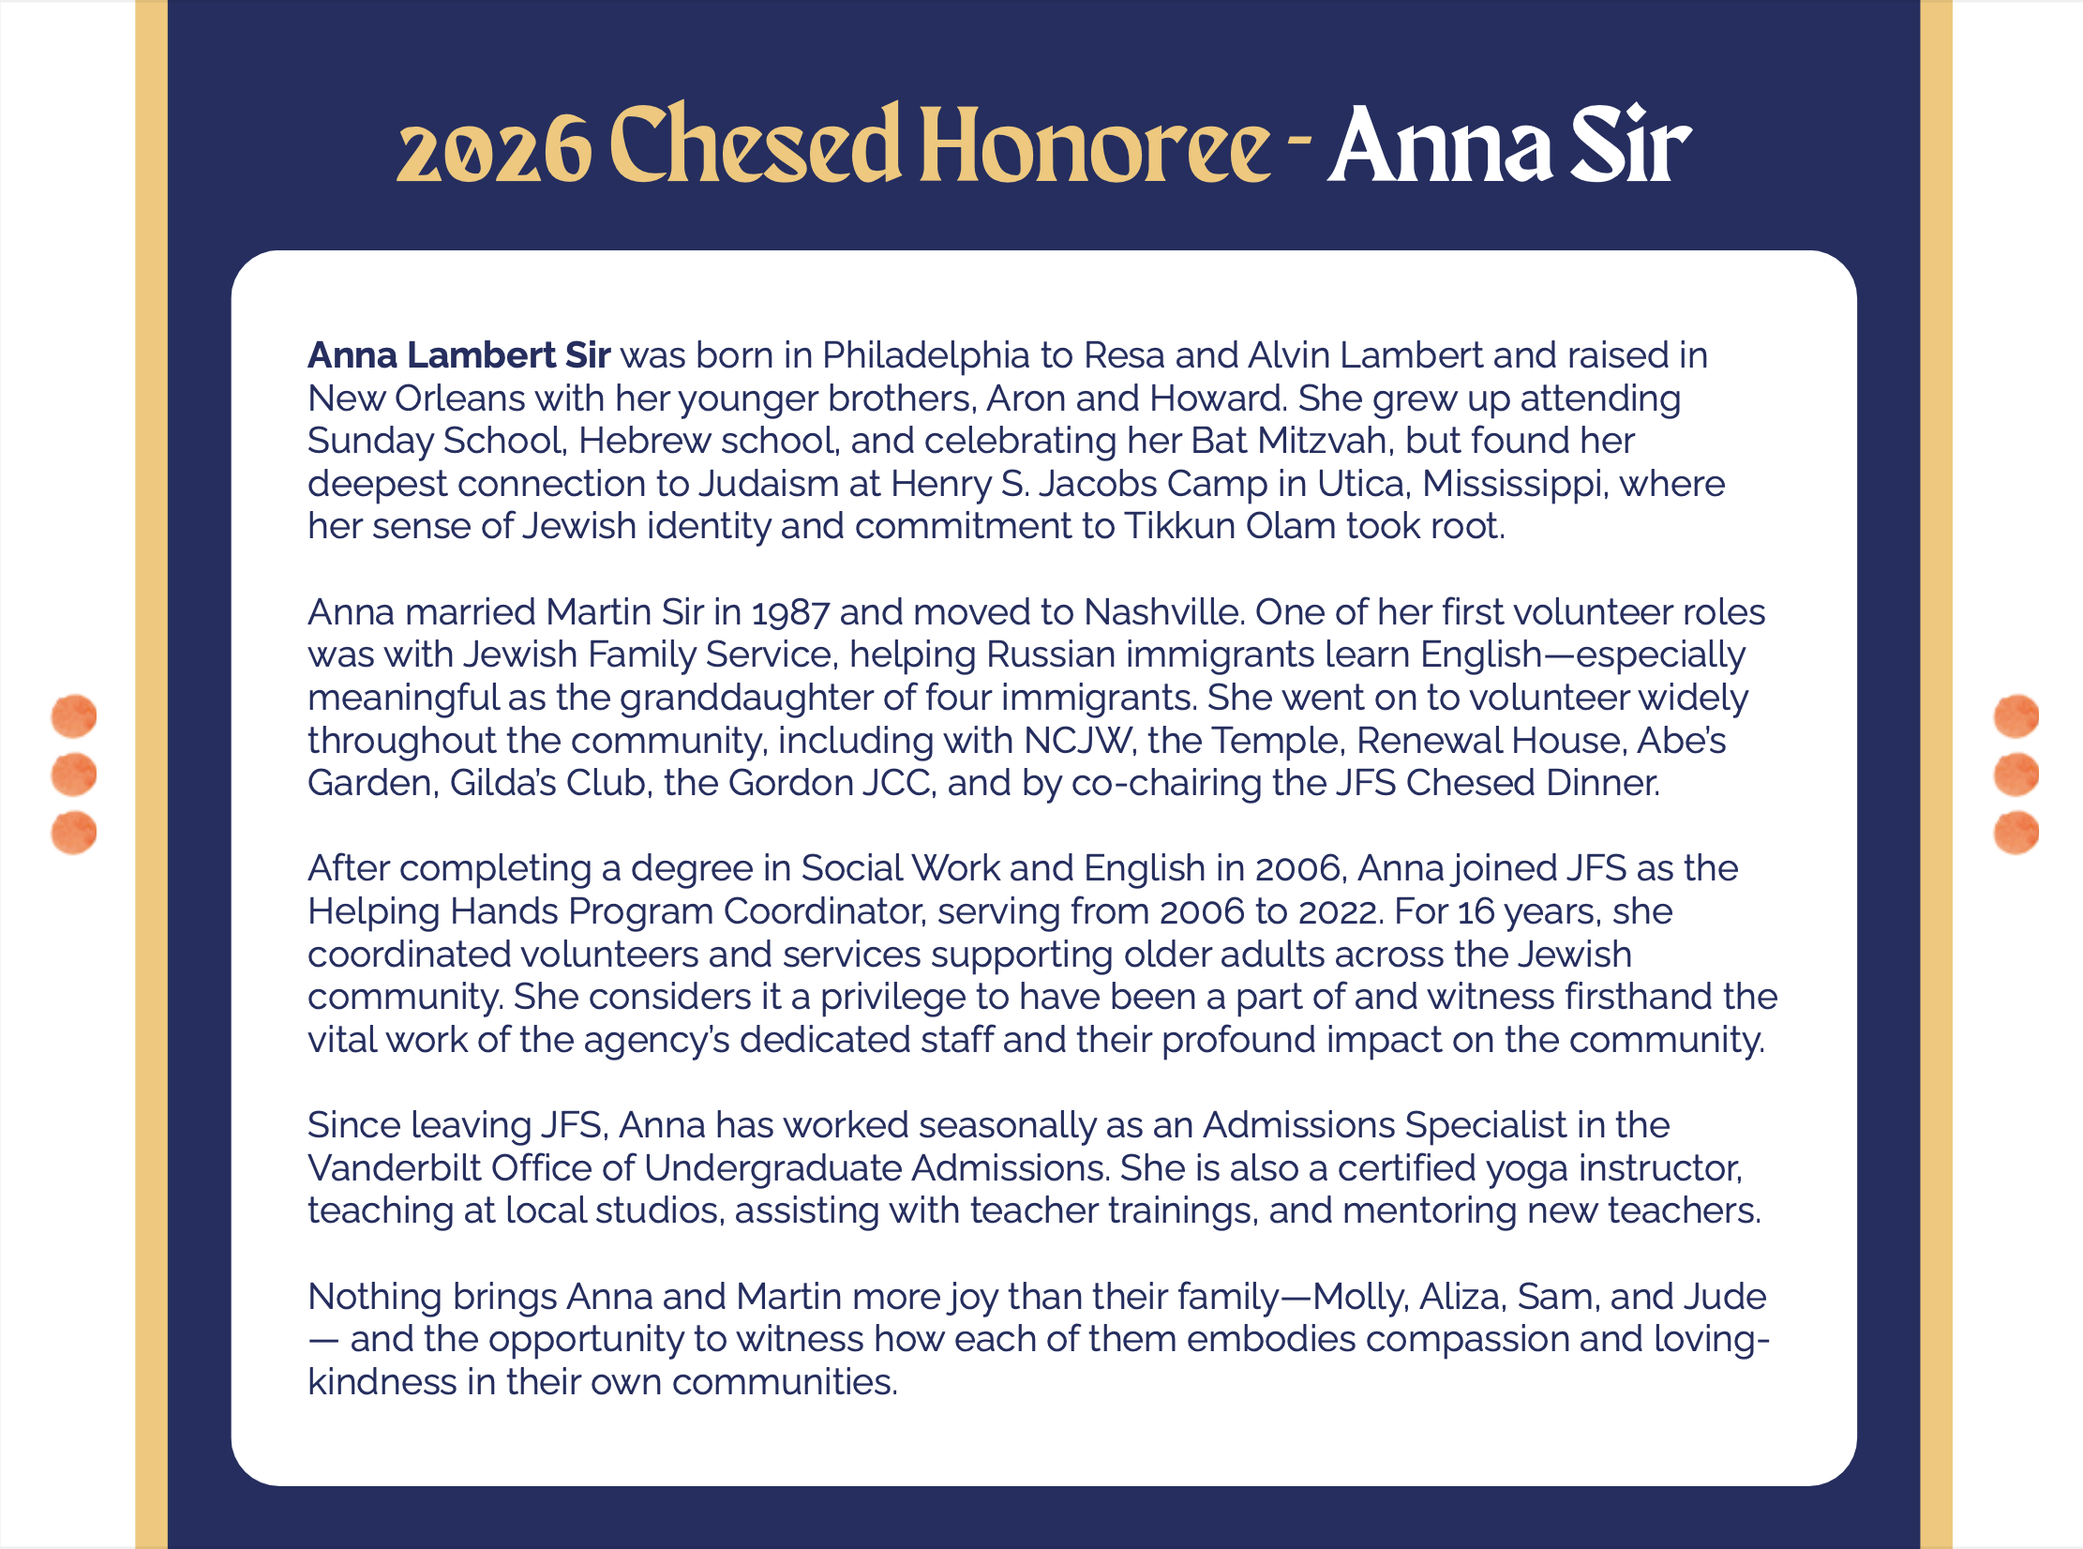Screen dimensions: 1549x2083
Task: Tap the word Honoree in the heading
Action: tap(1094, 145)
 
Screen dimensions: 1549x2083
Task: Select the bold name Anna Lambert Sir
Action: tap(459, 355)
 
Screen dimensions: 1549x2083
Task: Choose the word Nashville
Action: tap(1163, 612)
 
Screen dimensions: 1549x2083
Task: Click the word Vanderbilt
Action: tap(395, 1168)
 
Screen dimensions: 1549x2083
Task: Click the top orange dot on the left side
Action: tap(74, 716)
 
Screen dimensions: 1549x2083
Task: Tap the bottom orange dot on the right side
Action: tap(2016, 833)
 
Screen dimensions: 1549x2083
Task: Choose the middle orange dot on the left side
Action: tap(74, 774)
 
